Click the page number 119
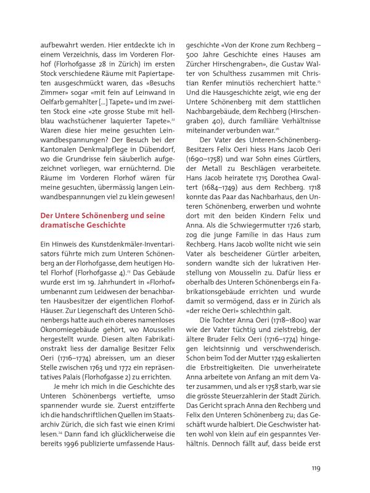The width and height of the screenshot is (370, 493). click(x=315, y=468)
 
